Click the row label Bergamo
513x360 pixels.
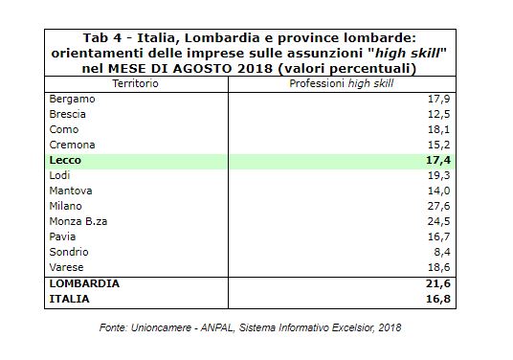point(72,100)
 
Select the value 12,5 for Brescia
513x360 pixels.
point(438,114)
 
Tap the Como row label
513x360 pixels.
point(64,129)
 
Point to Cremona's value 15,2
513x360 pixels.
point(438,145)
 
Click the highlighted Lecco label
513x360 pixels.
point(65,160)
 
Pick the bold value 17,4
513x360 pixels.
point(438,160)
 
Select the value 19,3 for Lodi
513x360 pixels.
point(438,175)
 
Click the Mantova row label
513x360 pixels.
point(71,191)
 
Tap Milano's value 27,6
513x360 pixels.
point(438,206)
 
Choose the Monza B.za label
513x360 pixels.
point(78,221)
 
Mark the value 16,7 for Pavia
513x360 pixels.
point(438,236)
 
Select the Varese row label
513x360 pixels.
point(66,267)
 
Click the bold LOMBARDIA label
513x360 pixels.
point(84,283)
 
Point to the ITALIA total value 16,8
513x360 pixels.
point(438,299)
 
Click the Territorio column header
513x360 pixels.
point(136,84)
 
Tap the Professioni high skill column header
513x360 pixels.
point(342,84)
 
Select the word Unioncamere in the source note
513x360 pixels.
point(161,327)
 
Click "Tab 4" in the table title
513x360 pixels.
point(102,38)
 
